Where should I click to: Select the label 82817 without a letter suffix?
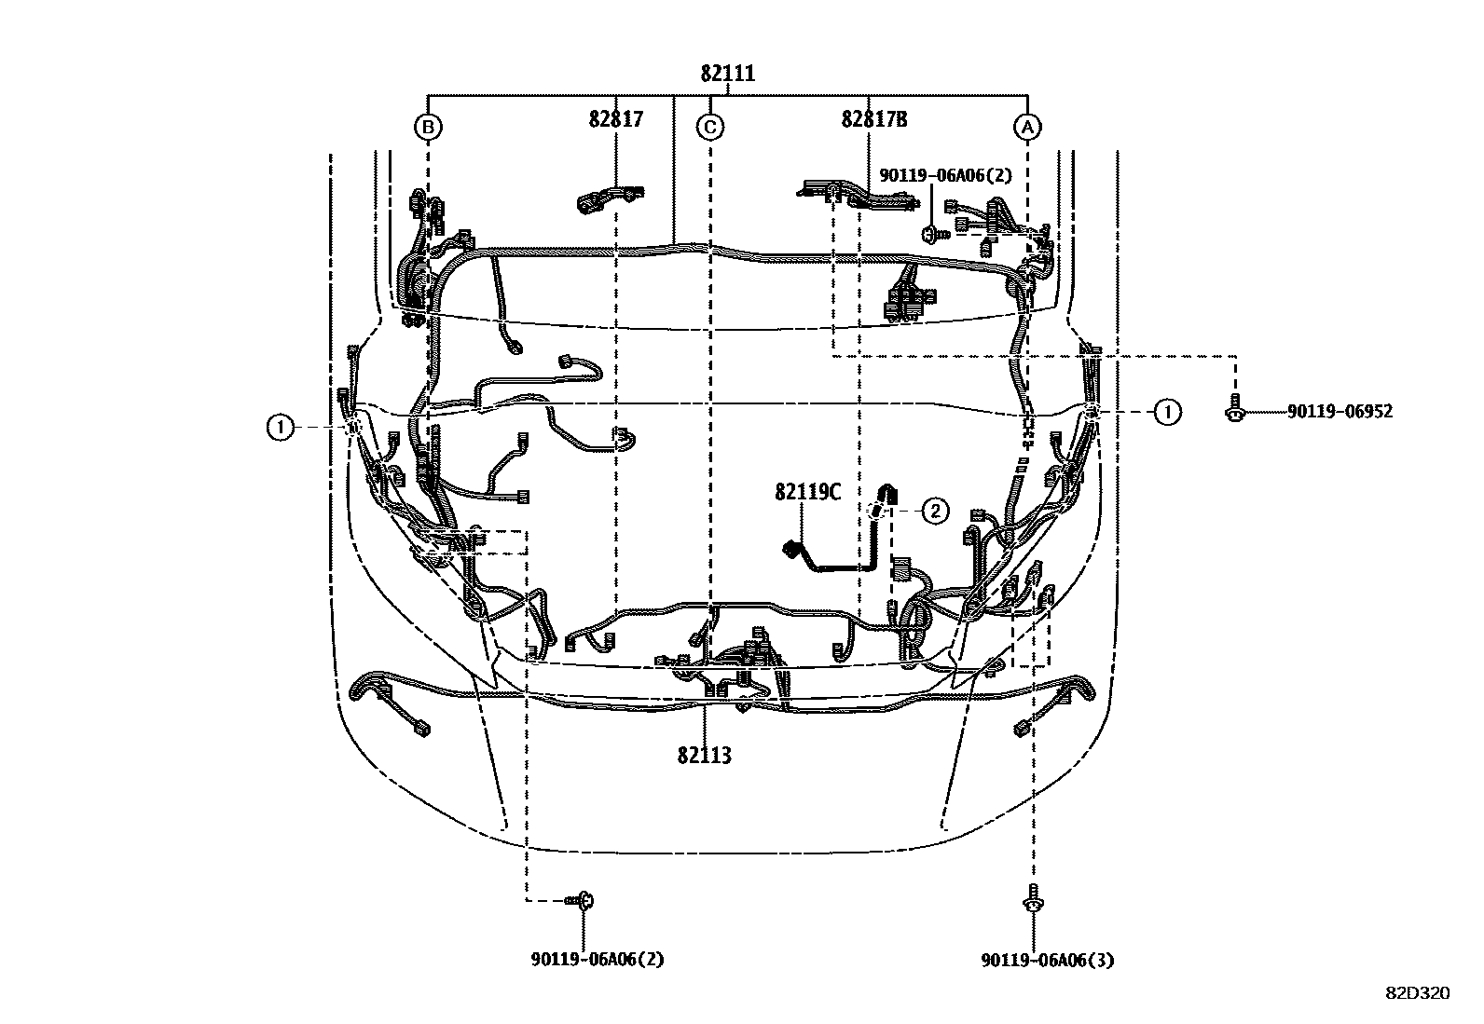point(615,119)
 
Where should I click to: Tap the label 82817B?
point(873,119)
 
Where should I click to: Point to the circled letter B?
point(427,127)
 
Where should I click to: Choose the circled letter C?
point(710,127)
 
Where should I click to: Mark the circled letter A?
point(1027,127)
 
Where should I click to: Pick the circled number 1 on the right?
point(1166,411)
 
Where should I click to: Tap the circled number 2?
point(935,510)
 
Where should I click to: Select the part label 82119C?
point(807,492)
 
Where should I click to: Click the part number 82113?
point(704,756)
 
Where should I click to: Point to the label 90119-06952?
point(1340,411)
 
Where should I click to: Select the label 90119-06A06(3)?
point(1047,960)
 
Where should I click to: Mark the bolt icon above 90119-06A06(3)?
point(1033,898)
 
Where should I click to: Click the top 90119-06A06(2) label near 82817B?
point(945,174)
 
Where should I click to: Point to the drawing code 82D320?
point(1417,993)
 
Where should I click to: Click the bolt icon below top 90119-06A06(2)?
point(931,232)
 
